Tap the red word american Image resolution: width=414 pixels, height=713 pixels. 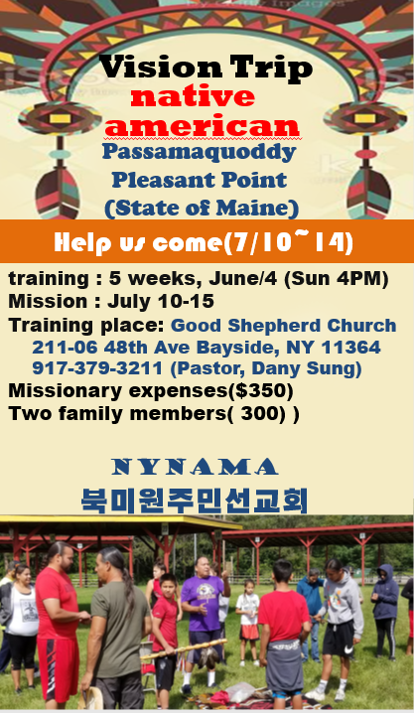202,126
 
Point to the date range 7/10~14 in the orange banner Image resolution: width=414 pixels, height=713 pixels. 287,242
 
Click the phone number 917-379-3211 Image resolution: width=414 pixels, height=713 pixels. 96,368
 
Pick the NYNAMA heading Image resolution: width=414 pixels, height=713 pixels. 195,467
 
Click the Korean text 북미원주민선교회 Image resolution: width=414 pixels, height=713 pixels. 195,500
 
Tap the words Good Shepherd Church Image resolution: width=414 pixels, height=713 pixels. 283,325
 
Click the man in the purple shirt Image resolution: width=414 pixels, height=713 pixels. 204,619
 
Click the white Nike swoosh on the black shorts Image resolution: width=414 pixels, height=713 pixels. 348,650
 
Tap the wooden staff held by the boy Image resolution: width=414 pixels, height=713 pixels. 183,648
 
